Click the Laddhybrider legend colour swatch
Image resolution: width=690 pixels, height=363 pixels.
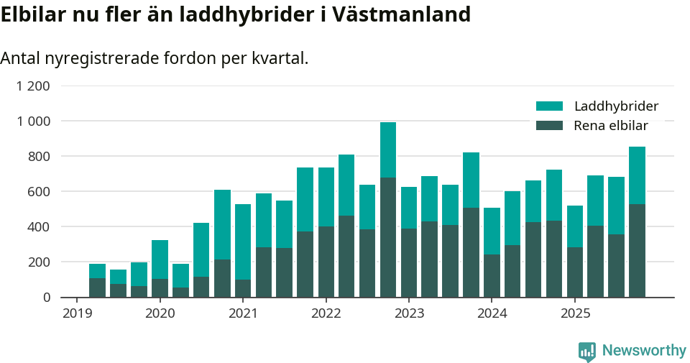[549, 106]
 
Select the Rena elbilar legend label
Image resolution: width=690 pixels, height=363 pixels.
[611, 126]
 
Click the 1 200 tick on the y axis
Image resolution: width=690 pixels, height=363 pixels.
[34, 86]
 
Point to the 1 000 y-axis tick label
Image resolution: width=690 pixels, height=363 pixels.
[34, 121]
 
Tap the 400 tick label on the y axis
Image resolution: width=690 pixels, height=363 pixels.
[39, 226]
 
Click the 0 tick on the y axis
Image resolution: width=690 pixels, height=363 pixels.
[47, 297]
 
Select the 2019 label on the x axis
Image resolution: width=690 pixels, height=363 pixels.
[77, 313]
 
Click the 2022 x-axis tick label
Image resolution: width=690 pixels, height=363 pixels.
[326, 313]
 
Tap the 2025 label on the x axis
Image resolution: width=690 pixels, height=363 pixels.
[576, 313]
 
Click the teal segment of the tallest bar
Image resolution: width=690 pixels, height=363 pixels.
[388, 150]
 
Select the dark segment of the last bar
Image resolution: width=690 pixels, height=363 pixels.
[637, 251]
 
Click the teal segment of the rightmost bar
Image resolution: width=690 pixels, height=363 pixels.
[637, 175]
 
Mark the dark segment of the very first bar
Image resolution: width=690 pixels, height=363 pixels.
[97, 288]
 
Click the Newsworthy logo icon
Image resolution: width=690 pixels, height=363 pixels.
[586, 351]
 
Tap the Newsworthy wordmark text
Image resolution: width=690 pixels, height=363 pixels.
[644, 351]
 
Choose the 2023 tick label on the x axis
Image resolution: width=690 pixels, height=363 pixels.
[410, 313]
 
